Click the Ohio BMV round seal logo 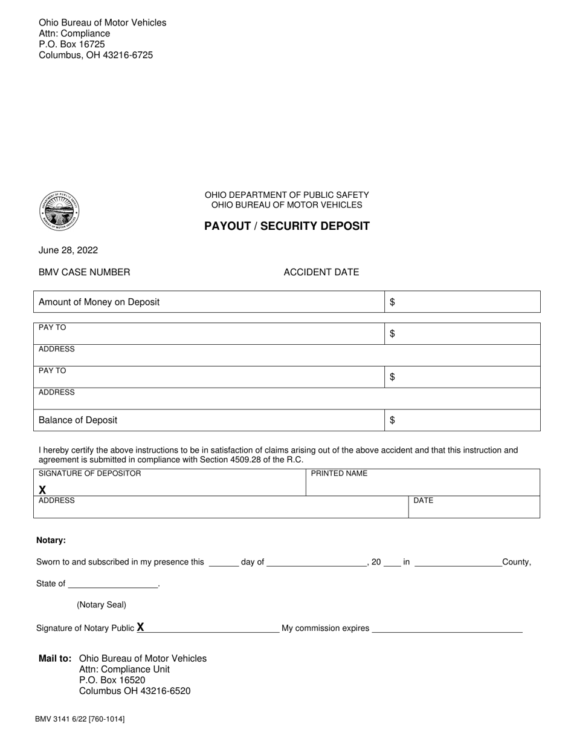[59, 210]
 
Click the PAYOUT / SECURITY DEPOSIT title [287, 226]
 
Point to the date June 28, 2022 [68, 250]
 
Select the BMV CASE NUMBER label [84, 272]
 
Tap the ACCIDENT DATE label [321, 272]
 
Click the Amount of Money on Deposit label [99, 302]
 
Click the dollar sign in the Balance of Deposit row [393, 420]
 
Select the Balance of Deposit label [78, 420]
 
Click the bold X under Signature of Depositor [43, 490]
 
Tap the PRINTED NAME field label [339, 474]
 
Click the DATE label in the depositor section [423, 501]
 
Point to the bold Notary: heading [51, 540]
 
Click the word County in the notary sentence [516, 562]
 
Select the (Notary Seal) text [102, 605]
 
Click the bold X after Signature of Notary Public [140, 627]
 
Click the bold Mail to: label [56, 658]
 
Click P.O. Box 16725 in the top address [72, 44]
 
